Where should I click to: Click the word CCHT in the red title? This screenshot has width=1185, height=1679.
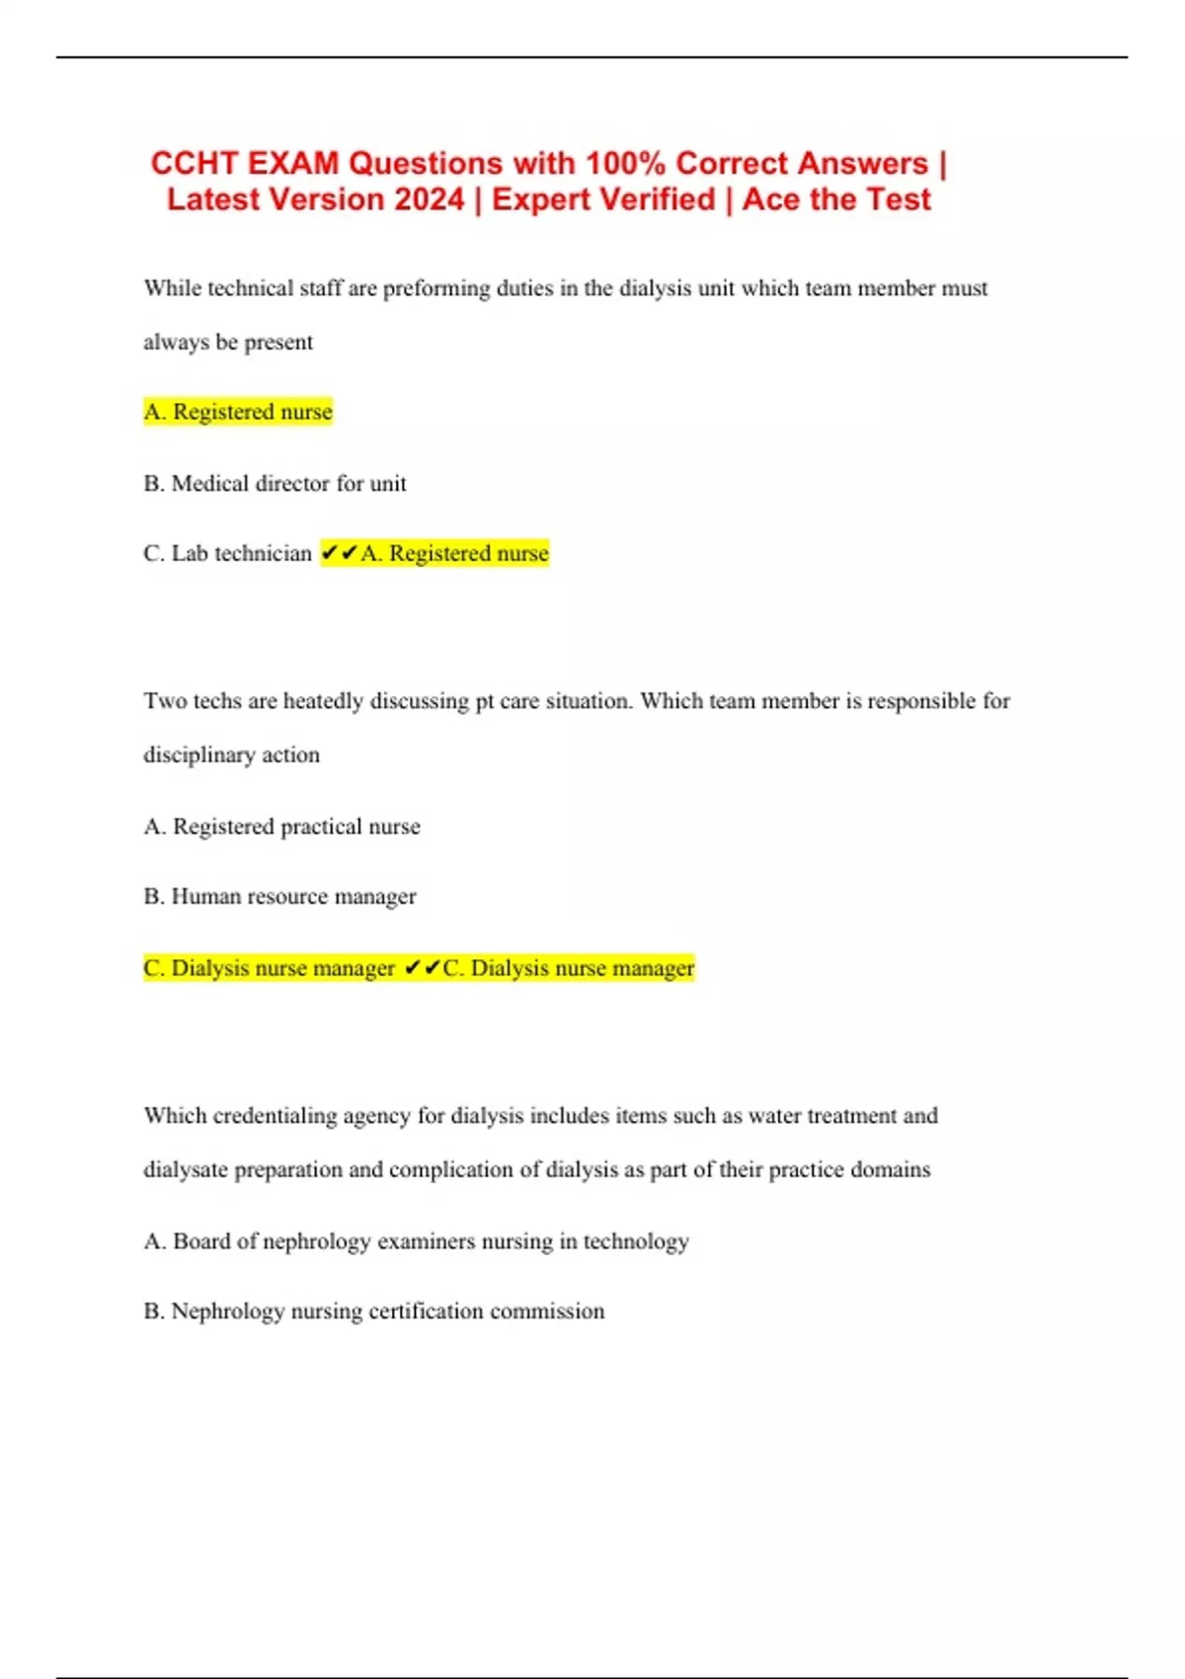pyautogui.click(x=194, y=163)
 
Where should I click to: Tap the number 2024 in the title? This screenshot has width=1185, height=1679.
pyautogui.click(x=428, y=200)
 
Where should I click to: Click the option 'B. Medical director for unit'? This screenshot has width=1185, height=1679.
pyautogui.click(x=275, y=484)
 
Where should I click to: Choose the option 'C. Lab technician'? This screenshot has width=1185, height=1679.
pyautogui.click(x=227, y=553)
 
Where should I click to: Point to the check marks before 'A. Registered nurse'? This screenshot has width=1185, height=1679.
pyautogui.click(x=339, y=553)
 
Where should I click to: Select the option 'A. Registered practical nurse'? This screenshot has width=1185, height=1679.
pyautogui.click(x=281, y=827)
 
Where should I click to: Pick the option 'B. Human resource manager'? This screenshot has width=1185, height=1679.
pyautogui.click(x=279, y=897)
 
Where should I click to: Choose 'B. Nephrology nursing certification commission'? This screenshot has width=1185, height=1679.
pyautogui.click(x=373, y=1312)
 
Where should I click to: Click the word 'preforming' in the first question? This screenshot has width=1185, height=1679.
pyautogui.click(x=435, y=288)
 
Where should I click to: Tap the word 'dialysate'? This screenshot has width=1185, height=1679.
pyautogui.click(x=186, y=1170)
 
